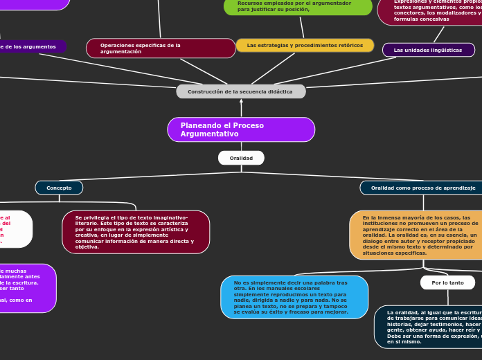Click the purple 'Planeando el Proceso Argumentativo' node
[241, 129]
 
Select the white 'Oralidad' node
[241, 158]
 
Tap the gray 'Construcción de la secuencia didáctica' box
[241, 91]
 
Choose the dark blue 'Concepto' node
[59, 188]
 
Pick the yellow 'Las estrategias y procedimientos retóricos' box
[305, 46]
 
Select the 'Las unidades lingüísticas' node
[428, 50]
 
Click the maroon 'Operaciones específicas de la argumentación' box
[161, 48]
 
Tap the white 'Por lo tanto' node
[447, 282]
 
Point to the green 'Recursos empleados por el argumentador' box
[298, 6]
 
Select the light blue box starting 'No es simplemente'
[294, 297]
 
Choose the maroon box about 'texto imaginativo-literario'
[136, 232]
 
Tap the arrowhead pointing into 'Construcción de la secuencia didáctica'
[241, 102]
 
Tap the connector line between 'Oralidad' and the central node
[241, 146]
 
